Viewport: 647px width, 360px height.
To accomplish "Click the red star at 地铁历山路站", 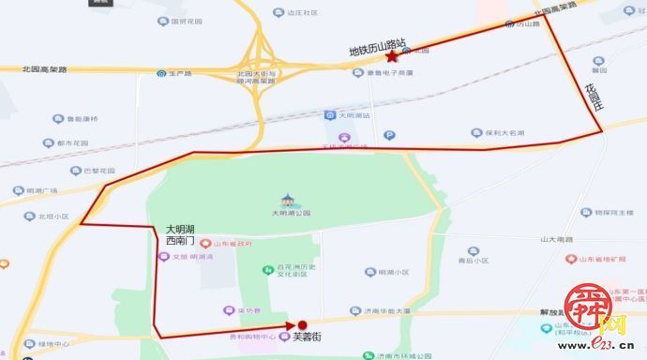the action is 391,57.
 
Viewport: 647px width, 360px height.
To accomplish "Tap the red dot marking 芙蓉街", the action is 302,325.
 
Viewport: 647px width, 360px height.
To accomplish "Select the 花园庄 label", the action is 592,98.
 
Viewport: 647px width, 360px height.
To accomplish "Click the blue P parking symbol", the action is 390,135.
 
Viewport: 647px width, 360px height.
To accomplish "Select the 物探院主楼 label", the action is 614,212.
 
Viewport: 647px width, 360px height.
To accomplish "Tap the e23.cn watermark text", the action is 610,349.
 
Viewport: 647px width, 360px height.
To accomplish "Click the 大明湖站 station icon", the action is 328,114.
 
